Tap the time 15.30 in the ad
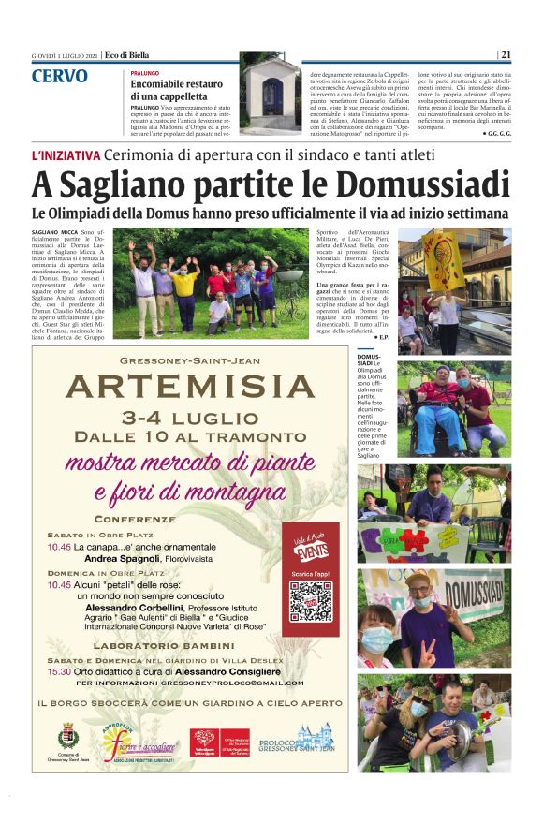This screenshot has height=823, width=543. coord(60,670)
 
